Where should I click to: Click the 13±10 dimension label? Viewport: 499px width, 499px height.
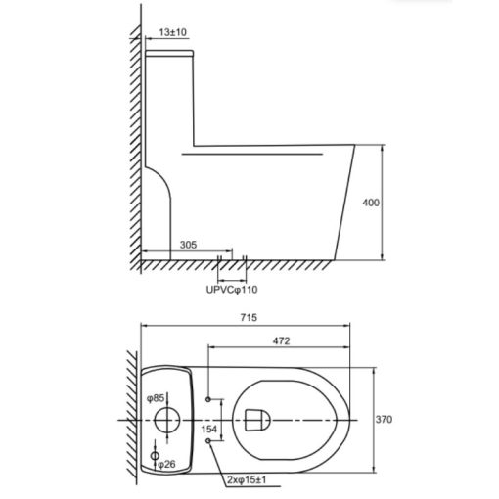pyautogui.click(x=173, y=32)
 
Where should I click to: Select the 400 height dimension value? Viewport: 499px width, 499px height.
pyautogui.click(x=371, y=203)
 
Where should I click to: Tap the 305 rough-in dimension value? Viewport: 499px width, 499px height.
pyautogui.click(x=189, y=245)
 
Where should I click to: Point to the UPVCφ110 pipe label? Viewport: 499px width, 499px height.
pyautogui.click(x=232, y=290)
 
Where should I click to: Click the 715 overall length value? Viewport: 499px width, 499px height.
pyautogui.click(x=249, y=317)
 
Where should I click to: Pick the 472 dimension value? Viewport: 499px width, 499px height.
pyautogui.click(x=281, y=341)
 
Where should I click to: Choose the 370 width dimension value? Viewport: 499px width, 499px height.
pyautogui.click(x=384, y=420)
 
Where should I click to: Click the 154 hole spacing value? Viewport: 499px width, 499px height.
pyautogui.click(x=208, y=429)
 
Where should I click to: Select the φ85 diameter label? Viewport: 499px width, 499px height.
pyautogui.click(x=156, y=398)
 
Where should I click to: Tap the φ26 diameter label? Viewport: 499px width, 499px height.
pyautogui.click(x=166, y=464)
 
